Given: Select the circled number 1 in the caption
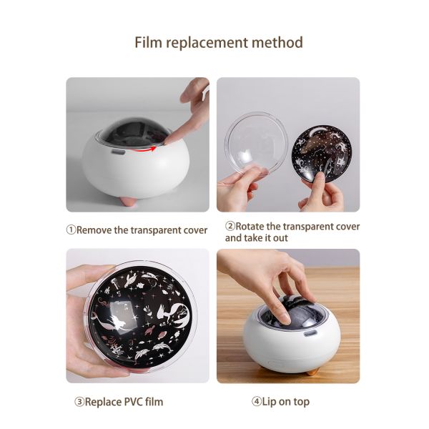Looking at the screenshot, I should (71, 230).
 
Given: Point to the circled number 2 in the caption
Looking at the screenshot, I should (230, 226).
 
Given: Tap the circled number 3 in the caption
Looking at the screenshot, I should (79, 402).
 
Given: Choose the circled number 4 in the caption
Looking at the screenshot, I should (256, 402).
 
